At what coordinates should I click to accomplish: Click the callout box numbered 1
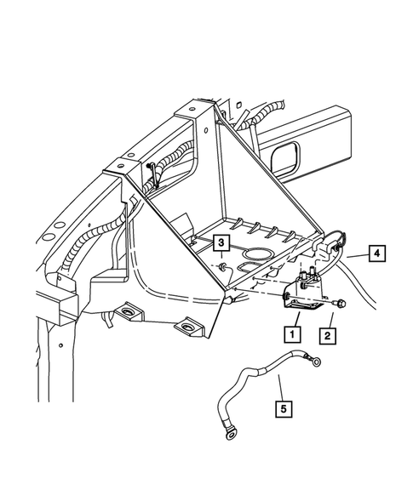coord(292,334)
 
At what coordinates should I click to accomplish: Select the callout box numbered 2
coord(327,336)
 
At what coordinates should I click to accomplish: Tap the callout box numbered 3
coord(221,243)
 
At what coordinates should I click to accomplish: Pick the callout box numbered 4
coord(377,253)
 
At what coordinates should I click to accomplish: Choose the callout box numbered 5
coord(284,409)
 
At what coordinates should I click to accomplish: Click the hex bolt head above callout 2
coord(340,302)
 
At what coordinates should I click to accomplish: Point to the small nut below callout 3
coord(221,265)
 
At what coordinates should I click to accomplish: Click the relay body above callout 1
coord(302,293)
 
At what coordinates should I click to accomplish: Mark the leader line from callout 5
coord(280,388)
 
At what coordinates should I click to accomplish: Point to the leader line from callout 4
coord(358,255)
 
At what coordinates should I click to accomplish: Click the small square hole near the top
coord(238,105)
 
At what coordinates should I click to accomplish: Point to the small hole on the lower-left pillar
coord(60,345)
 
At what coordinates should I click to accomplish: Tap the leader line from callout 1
coord(297,319)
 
